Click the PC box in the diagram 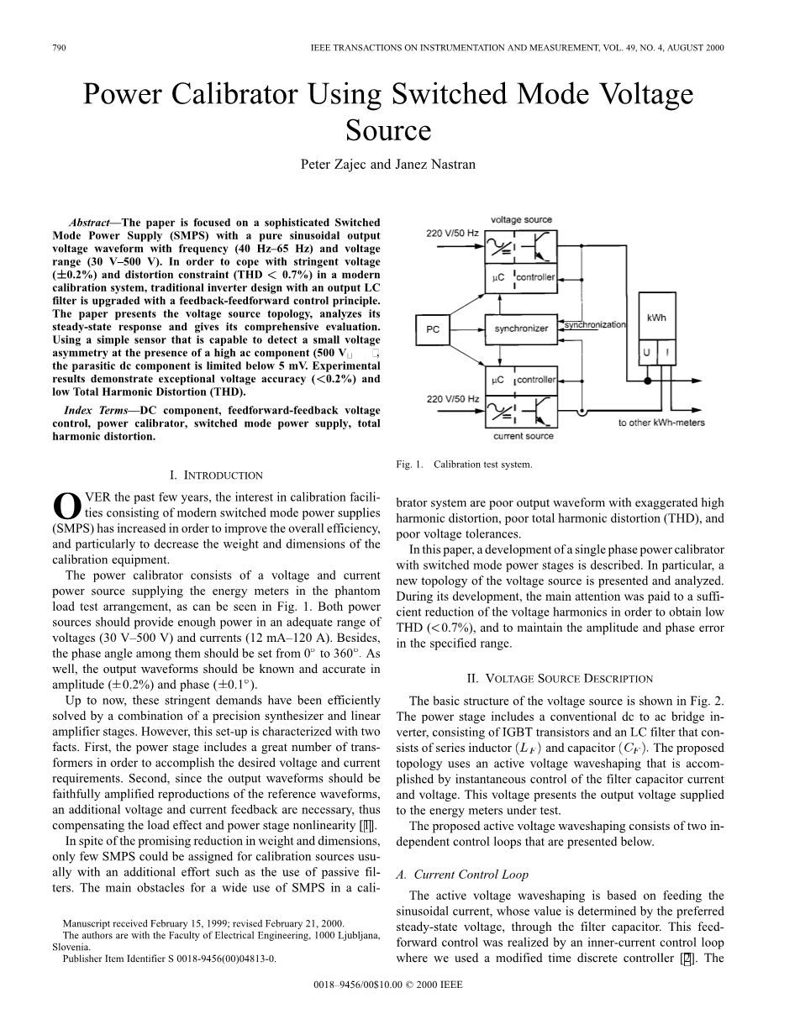[433, 329]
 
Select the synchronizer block [521, 328]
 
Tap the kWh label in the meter [655, 318]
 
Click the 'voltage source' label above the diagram [521, 220]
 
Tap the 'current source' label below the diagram [523, 436]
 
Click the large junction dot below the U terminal [646, 381]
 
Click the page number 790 [59, 48]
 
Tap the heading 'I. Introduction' [217, 475]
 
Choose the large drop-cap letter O [66, 506]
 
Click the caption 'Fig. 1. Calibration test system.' [464, 464]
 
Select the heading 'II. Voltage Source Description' [559, 678]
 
